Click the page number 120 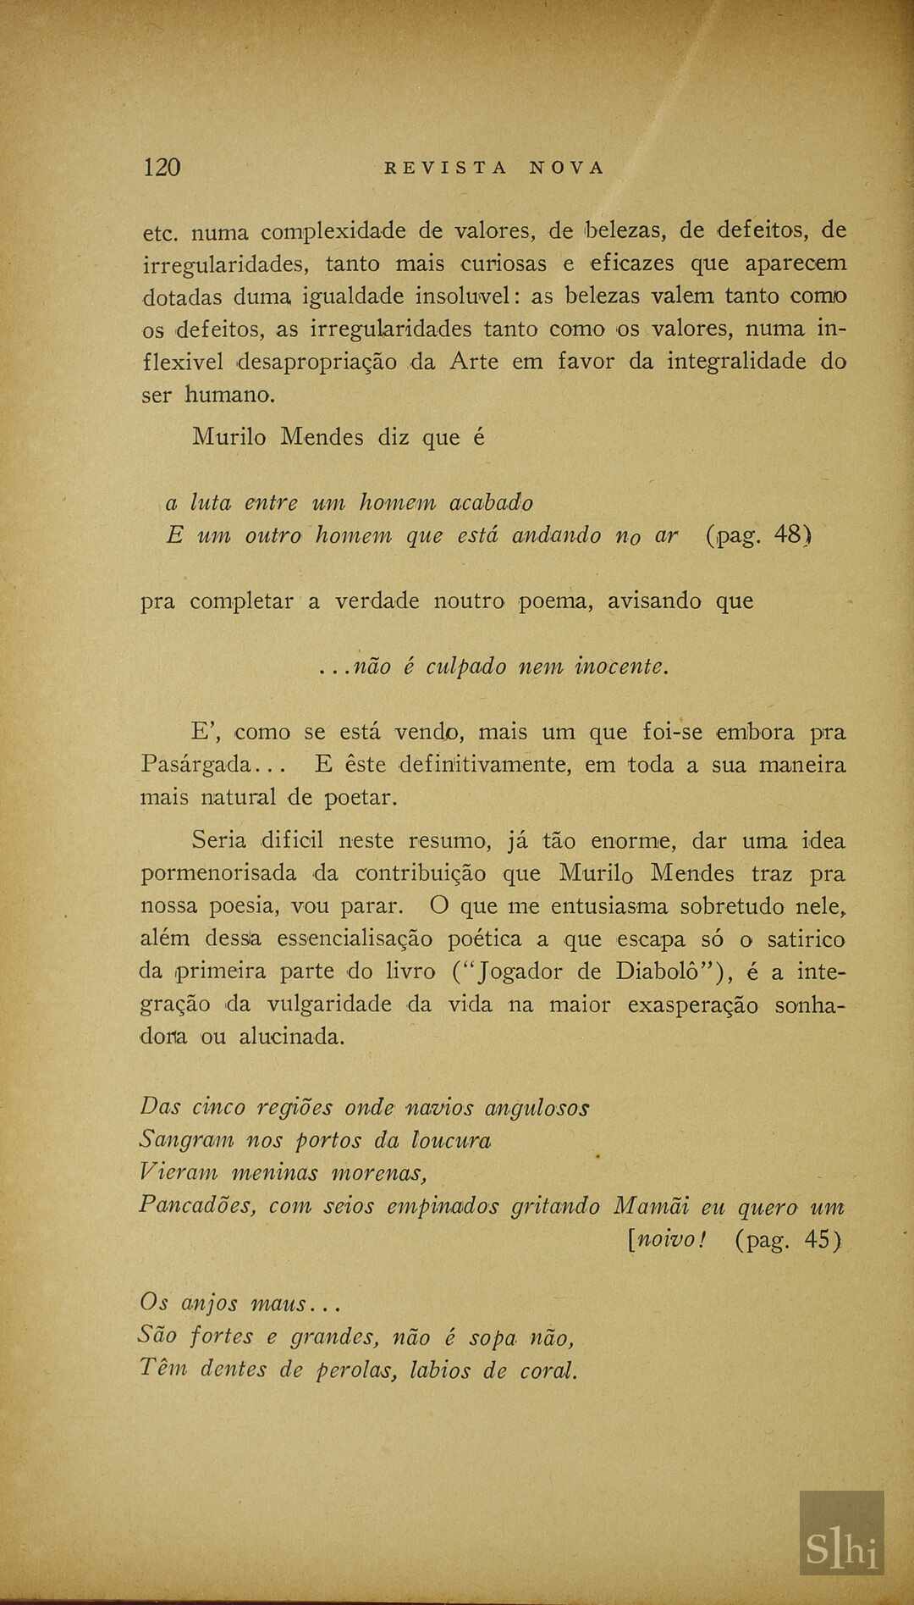[162, 167]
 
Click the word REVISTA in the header [445, 168]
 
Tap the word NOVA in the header [567, 168]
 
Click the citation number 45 [818, 1240]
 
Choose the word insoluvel [457, 296]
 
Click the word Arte [473, 362]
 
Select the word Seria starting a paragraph [219, 840]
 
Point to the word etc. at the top [159, 231]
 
